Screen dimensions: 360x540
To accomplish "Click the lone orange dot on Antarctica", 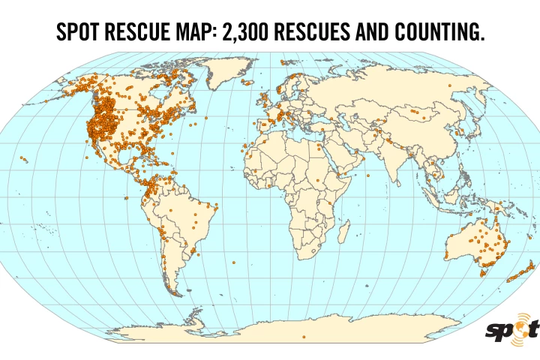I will (304, 337).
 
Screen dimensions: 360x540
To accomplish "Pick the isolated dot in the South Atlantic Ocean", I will (234, 262).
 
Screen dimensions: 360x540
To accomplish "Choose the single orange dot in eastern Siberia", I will (449, 85).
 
